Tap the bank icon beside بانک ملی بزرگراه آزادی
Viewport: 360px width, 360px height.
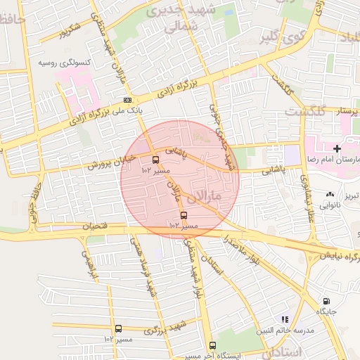[x=127, y=100]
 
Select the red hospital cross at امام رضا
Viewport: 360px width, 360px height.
[x=337, y=149]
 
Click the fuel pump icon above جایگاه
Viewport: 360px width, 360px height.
[x=326, y=302]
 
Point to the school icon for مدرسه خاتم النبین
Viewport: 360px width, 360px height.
[x=285, y=319]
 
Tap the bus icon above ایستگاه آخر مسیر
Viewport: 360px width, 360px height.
[x=212, y=345]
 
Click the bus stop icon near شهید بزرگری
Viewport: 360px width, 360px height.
[x=117, y=328]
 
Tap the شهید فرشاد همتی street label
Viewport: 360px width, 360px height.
[x=143, y=266]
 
